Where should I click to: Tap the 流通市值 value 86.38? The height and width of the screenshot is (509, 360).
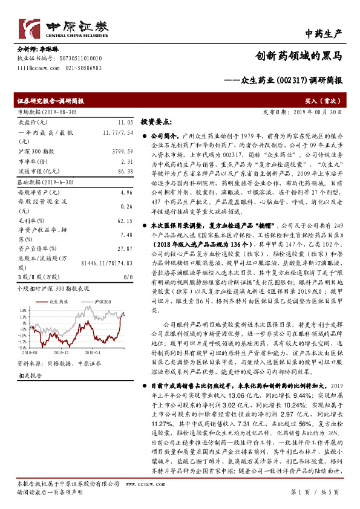(125, 172)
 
